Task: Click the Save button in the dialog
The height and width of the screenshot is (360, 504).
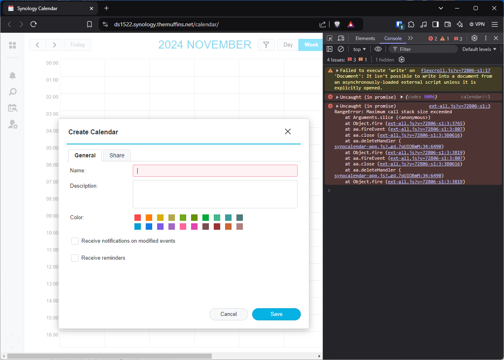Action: click(276, 314)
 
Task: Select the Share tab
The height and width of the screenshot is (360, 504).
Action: click(117, 155)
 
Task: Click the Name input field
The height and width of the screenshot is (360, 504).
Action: click(215, 171)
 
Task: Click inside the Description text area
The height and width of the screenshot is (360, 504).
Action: click(215, 194)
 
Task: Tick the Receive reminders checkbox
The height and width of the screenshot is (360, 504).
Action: click(75, 258)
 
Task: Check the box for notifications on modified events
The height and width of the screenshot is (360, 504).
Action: click(75, 241)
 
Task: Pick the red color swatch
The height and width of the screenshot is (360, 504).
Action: click(138, 218)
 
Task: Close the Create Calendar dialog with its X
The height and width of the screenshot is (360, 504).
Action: click(288, 131)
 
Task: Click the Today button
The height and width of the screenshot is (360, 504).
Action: click(77, 45)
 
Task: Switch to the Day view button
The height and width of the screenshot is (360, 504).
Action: click(288, 45)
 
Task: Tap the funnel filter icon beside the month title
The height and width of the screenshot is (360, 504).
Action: click(266, 45)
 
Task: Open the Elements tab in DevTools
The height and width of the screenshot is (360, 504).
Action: click(365, 38)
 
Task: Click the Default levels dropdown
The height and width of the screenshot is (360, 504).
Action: click(479, 49)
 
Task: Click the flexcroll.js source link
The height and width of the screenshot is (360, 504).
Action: click(455, 70)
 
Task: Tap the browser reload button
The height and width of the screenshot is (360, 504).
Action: click(34, 24)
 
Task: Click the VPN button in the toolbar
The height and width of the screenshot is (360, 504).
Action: click(477, 24)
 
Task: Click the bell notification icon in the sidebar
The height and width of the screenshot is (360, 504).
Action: click(13, 76)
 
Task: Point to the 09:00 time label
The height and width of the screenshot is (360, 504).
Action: click(52, 216)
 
